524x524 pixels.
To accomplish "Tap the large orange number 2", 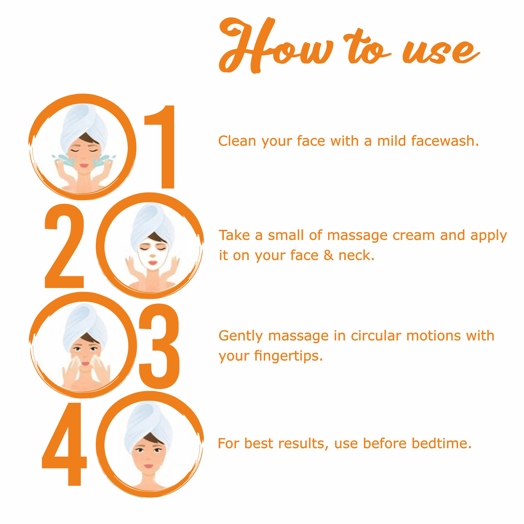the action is tap(64, 246).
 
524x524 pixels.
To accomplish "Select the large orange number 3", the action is tap(159, 346).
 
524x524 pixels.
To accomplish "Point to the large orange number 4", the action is tap(65, 444).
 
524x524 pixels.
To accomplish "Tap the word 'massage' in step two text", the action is tap(357, 236).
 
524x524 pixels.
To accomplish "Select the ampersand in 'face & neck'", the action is tap(329, 255).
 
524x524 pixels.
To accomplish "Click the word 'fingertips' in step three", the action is tap(289, 356).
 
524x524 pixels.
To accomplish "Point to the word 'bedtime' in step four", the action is tap(442, 444).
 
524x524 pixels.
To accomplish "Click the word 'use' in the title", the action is tap(441, 52).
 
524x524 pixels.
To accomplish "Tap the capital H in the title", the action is tap(246, 45).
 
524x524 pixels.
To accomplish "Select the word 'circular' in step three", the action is tap(376, 336).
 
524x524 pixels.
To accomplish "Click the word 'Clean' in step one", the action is tap(237, 141).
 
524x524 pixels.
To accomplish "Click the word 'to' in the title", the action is tap(366, 46).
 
